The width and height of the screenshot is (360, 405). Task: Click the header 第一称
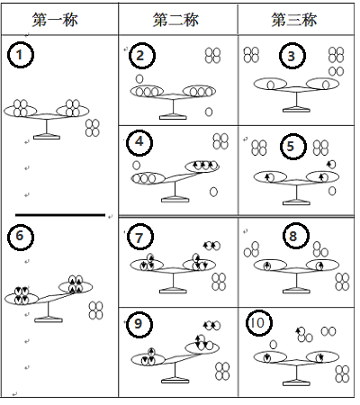55,20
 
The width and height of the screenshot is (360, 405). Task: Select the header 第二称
175,20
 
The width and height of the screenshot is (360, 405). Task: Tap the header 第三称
294,20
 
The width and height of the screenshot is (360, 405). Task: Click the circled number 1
21,55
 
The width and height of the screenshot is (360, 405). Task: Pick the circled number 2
142,56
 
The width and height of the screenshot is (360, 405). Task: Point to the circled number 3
292,57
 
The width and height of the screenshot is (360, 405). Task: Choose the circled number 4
139,142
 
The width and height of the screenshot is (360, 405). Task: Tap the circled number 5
293,147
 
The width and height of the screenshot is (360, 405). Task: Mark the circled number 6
21,237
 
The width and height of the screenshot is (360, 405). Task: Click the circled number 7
140,238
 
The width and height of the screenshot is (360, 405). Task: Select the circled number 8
296,236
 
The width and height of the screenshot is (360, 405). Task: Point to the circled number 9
139,324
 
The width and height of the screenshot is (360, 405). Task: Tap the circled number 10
259,323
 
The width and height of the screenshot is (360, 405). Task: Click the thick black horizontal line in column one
60,215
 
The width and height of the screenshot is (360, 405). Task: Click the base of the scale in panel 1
47,138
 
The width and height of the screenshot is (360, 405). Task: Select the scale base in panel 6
49,320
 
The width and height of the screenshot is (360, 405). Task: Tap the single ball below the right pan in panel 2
209,112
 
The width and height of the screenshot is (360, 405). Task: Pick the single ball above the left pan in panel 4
136,165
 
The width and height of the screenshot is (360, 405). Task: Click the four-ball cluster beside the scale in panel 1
93,128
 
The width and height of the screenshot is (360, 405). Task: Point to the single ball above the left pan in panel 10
273,345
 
